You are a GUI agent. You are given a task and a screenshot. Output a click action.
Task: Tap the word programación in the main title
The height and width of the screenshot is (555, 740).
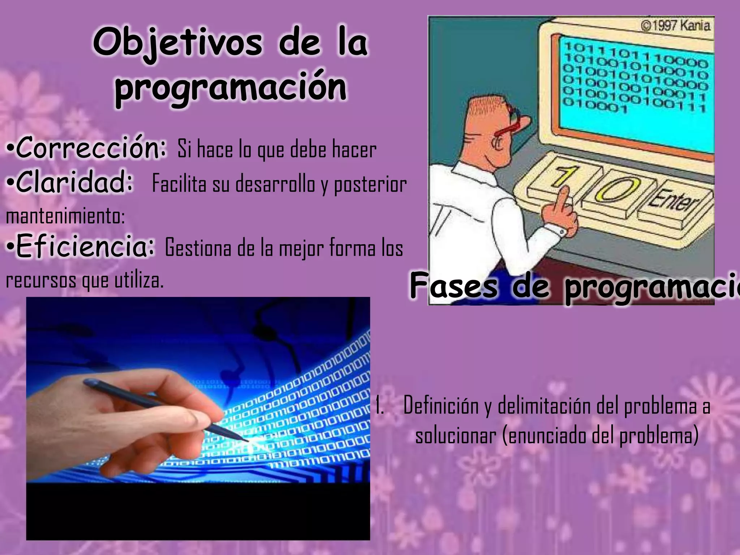click(231, 88)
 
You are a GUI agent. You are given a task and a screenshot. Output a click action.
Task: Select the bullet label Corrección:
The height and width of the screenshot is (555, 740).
click(87, 148)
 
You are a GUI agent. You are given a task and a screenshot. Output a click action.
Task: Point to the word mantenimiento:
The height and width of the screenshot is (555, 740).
click(65, 216)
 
